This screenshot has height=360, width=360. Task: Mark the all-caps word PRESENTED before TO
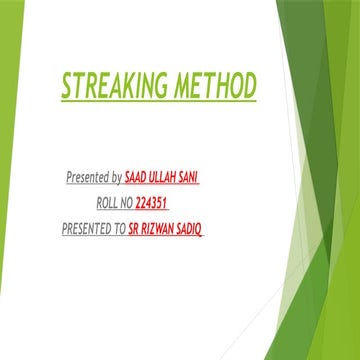point(91,229)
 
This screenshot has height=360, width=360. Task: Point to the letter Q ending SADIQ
point(215,229)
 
